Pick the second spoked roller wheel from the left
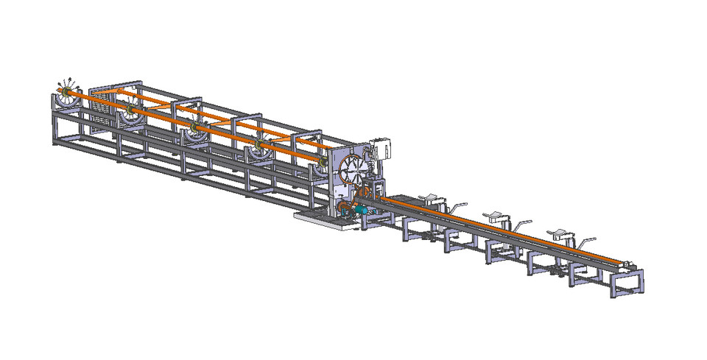click(x=132, y=110)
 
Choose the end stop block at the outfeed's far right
click(x=628, y=264)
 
